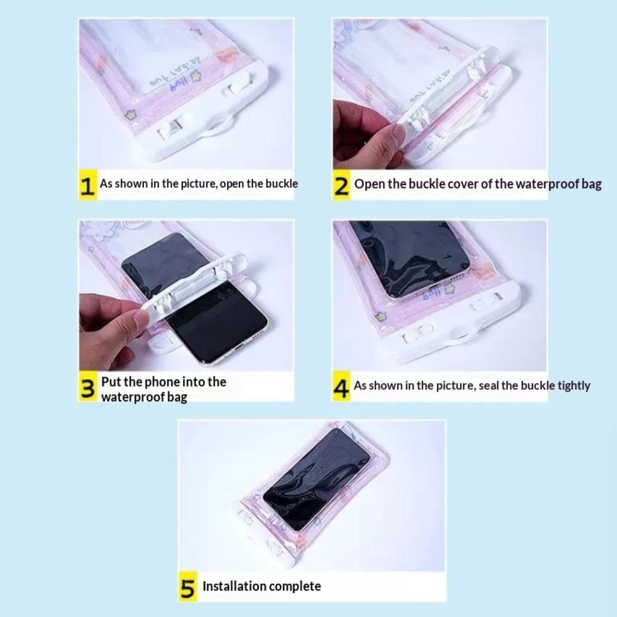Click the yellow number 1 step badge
coord(88,185)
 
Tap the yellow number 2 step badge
coord(342,185)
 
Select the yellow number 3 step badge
coord(88,387)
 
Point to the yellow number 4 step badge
coord(342,387)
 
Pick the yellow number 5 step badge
coord(188,587)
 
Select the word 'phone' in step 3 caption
coord(162,382)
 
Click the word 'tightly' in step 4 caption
coord(574,386)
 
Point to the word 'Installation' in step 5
coord(234,586)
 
